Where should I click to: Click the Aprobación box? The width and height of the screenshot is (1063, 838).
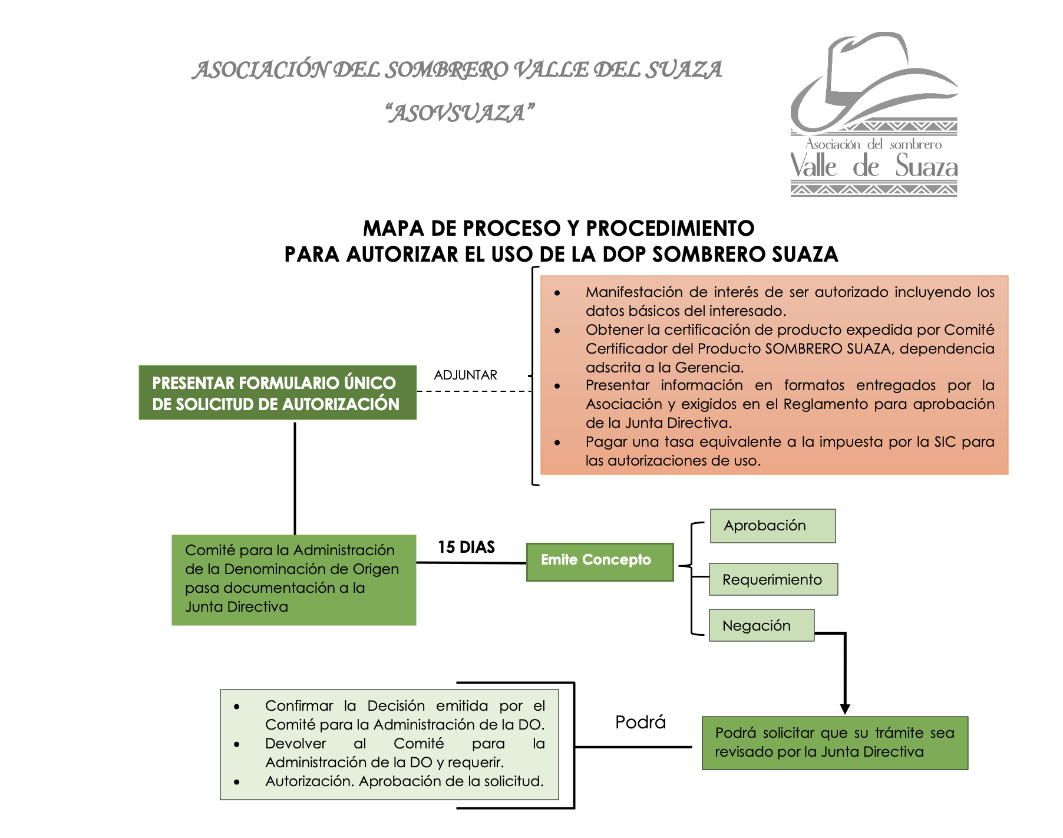[773, 526]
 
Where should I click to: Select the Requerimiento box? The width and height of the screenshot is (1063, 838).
[773, 579]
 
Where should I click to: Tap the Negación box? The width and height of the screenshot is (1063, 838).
[761, 625]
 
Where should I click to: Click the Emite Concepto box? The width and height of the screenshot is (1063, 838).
[599, 562]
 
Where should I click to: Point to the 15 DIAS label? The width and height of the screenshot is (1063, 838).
[466, 547]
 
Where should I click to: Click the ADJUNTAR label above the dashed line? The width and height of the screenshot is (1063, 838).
[466, 375]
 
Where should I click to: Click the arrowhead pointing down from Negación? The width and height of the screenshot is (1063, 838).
[845, 709]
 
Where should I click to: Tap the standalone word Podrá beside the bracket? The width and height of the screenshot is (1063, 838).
[640, 722]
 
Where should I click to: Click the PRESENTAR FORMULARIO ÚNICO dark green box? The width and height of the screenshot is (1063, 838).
[278, 392]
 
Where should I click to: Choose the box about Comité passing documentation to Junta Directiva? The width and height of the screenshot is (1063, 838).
[293, 580]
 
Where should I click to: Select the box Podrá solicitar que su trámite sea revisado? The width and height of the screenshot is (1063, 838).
[834, 743]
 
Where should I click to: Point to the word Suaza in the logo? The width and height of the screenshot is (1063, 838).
[926, 167]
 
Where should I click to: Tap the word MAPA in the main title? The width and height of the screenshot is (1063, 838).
[393, 229]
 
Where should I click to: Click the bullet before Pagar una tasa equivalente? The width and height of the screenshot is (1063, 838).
[557, 442]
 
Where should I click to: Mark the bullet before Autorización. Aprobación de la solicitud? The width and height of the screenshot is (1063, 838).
[236, 782]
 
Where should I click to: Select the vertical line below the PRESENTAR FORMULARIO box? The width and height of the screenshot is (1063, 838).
[295, 477]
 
